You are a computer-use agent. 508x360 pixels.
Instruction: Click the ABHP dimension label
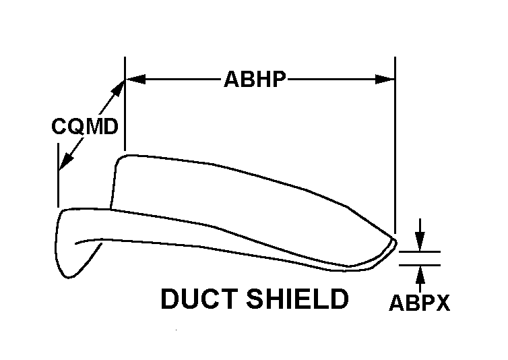(x=255, y=80)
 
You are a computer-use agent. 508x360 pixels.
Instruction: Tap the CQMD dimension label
(x=85, y=126)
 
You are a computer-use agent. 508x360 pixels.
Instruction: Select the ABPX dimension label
(x=419, y=304)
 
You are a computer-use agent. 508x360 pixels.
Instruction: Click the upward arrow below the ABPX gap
(x=420, y=274)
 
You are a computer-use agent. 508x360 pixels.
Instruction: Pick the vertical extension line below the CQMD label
(x=58, y=182)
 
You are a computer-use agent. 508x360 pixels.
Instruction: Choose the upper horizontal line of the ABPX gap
(x=420, y=252)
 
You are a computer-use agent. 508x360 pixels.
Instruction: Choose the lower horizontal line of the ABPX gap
(x=420, y=264)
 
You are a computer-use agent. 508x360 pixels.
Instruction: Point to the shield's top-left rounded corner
(x=123, y=159)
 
